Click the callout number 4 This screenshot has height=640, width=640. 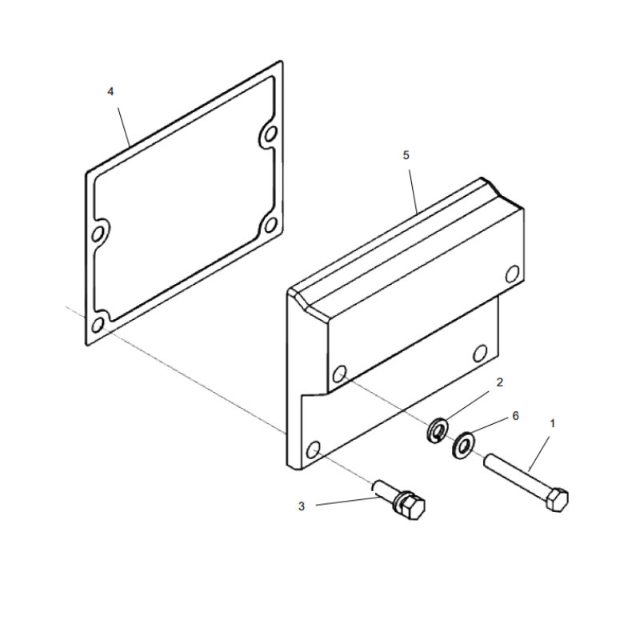(x=110, y=92)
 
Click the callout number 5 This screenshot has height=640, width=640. (x=406, y=155)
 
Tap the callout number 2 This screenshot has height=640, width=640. (x=499, y=382)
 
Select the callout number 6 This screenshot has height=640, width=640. (x=515, y=416)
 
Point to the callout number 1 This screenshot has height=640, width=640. (x=553, y=424)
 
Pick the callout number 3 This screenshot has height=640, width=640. (x=302, y=506)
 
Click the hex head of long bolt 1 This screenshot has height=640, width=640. (x=557, y=499)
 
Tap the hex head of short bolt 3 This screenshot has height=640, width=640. (x=414, y=507)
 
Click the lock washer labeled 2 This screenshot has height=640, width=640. (x=437, y=430)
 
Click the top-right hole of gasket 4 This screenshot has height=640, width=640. (x=270, y=134)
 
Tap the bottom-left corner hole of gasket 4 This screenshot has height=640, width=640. (x=98, y=325)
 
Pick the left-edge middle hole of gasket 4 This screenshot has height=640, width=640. (x=98, y=234)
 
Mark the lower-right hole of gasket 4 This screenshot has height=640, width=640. (x=270, y=225)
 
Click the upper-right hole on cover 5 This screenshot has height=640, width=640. (x=512, y=274)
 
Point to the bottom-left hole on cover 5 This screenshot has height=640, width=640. (x=314, y=450)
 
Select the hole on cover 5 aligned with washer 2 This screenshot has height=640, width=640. (x=340, y=374)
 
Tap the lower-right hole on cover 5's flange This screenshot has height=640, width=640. (x=480, y=354)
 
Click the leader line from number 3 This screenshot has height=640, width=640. (x=348, y=502)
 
